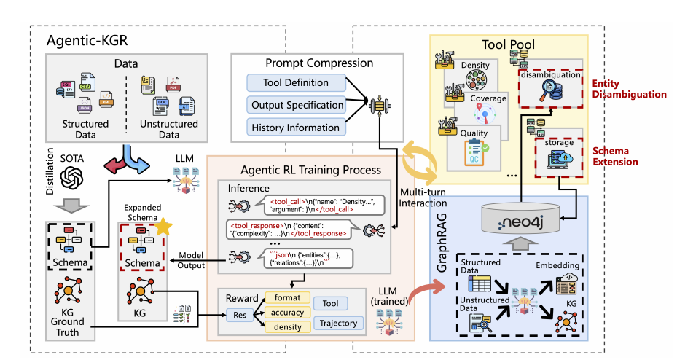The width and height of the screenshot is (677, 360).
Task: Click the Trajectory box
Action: click(337, 322)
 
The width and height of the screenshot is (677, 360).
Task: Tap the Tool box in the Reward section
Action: click(329, 302)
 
